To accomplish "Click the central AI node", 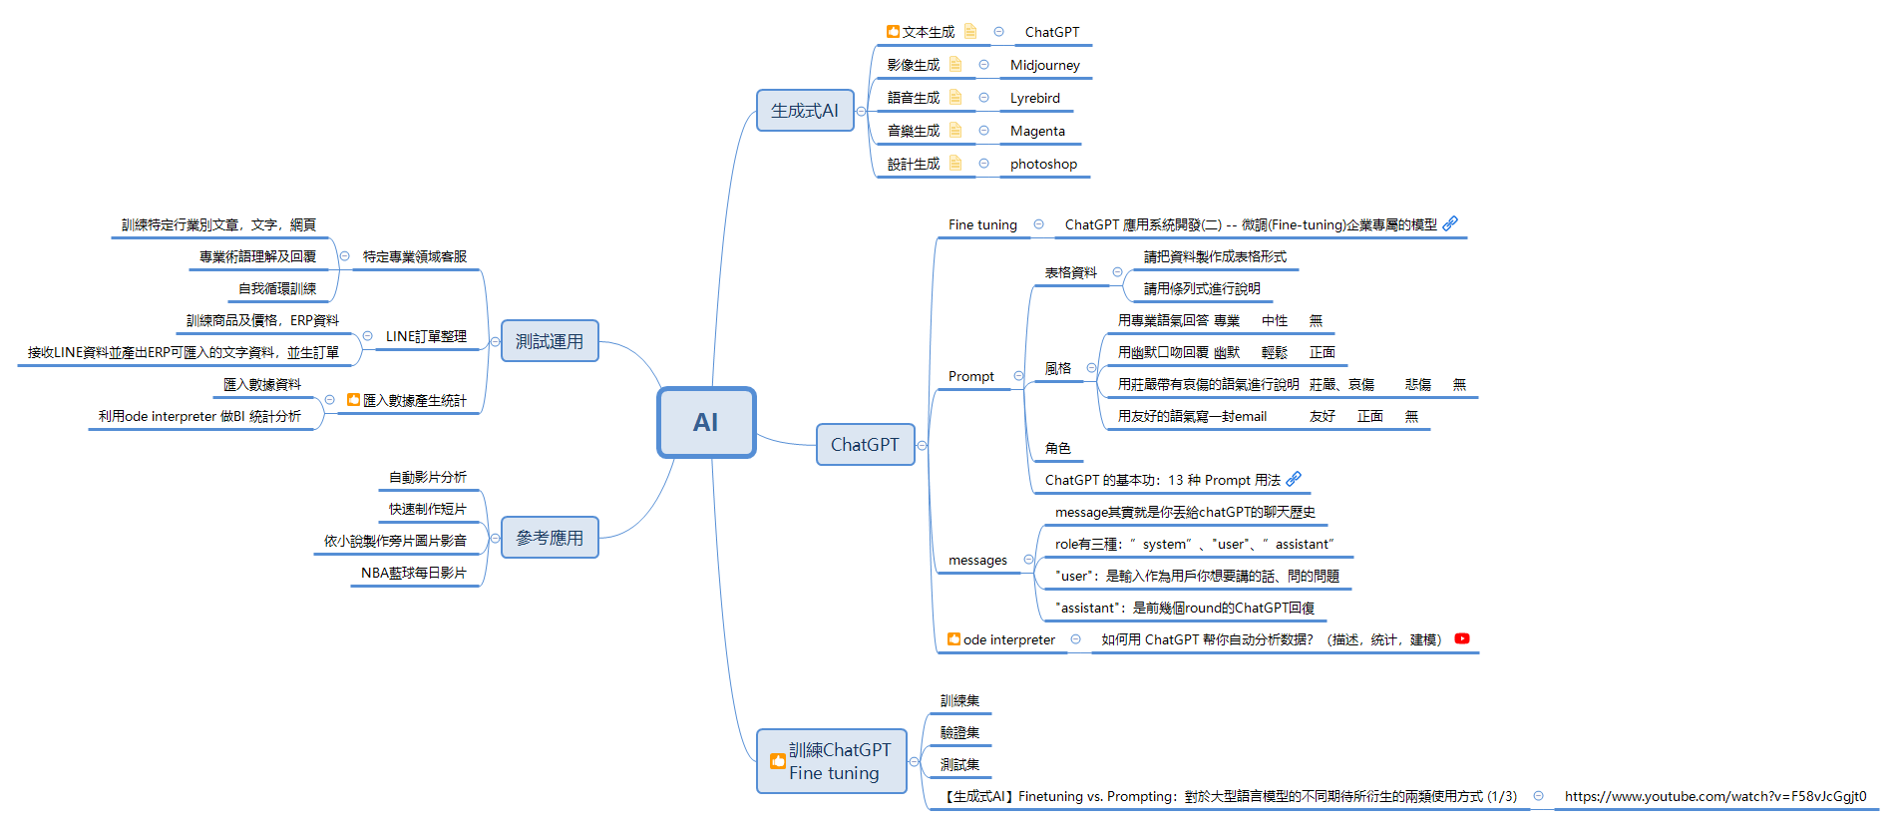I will point(706,422).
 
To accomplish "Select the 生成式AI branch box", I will point(804,111).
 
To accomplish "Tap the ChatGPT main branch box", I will point(864,445).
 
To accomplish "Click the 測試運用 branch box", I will point(549,341).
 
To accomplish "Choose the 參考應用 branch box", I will point(549,538).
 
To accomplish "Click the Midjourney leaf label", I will point(1044,65).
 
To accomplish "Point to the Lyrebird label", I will point(1034,98).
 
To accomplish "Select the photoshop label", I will point(1043,164).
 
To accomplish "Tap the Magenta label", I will point(1037,131).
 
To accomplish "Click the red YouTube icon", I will point(1462,638).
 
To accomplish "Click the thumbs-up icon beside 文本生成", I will point(893,32).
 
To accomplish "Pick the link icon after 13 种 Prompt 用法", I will point(1294,479).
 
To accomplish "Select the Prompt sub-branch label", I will point(970,376).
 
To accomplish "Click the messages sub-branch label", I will point(977,560).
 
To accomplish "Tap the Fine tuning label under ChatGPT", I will point(982,224).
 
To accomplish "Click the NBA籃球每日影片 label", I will point(413,573).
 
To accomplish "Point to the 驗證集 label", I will point(959,732).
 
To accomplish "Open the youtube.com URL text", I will point(1714,796).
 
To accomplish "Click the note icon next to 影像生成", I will point(955,64).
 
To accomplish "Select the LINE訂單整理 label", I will point(426,336).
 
